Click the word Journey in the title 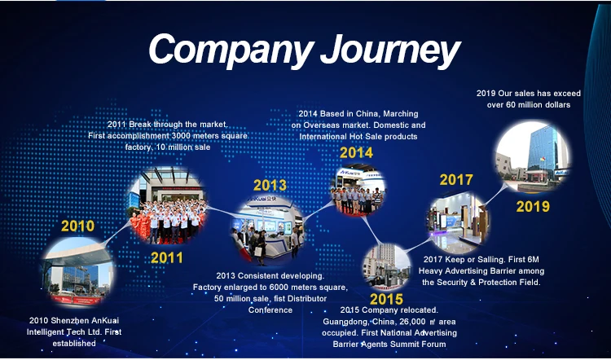[390, 50]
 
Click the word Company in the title [231, 50]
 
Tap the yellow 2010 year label [77, 226]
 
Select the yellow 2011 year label [167, 257]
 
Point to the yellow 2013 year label [270, 185]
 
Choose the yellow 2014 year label [356, 152]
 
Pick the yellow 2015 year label [386, 299]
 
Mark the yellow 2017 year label [456, 180]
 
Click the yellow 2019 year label [533, 207]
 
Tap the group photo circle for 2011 [169, 205]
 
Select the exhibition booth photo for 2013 [268, 230]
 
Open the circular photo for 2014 [358, 190]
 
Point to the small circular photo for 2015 [386, 267]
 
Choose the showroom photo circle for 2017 [459, 223]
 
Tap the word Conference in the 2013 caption [270, 310]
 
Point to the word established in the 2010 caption [74, 344]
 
